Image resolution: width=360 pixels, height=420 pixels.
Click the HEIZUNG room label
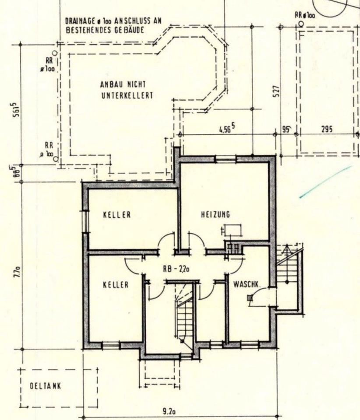point(215,214)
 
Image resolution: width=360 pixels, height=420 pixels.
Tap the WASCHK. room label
point(247,284)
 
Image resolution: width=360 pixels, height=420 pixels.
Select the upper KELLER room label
point(117,215)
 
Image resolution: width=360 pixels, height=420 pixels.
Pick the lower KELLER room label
point(116,285)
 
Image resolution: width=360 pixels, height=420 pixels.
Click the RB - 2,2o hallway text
point(176,270)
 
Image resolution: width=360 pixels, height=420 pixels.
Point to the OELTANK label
point(45,386)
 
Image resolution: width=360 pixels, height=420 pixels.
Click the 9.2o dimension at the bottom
point(169,412)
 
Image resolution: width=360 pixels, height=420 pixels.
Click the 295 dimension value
point(327,129)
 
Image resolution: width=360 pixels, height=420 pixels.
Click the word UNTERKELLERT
point(127,95)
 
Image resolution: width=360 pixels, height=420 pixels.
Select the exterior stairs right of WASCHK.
point(287,276)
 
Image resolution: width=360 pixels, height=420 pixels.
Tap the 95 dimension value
point(287,129)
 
